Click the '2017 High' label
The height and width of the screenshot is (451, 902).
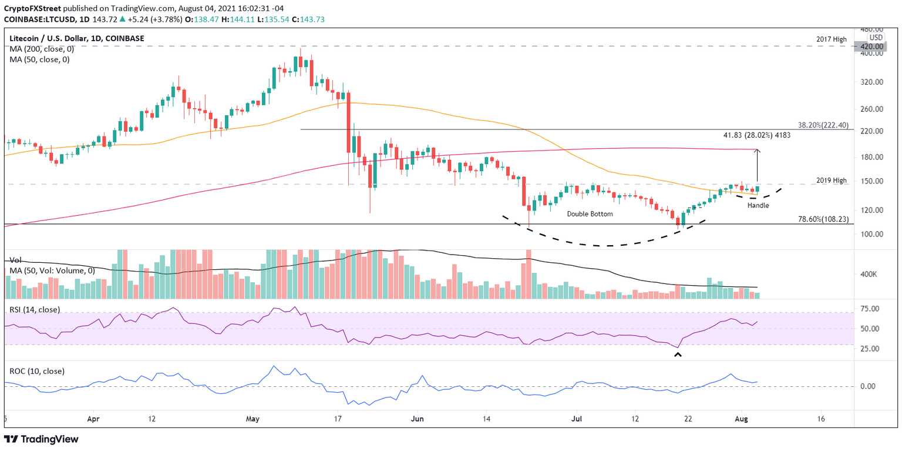pos(831,39)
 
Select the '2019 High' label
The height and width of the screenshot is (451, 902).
pos(831,181)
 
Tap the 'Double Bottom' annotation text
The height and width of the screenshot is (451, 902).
pos(590,214)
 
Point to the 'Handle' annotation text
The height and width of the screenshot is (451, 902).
pos(758,205)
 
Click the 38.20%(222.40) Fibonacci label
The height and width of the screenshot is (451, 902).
pos(822,125)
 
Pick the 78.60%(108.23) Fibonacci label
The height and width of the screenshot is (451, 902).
pos(822,219)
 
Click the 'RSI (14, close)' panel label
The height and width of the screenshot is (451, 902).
pos(35,309)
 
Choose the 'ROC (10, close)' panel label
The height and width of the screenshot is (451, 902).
pos(36,371)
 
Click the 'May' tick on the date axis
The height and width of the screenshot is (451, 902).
pos(253,419)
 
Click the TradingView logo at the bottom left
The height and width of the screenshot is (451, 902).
pos(41,439)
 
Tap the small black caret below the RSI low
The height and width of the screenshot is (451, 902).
pos(678,354)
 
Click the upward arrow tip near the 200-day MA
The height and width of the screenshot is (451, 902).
pos(758,151)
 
